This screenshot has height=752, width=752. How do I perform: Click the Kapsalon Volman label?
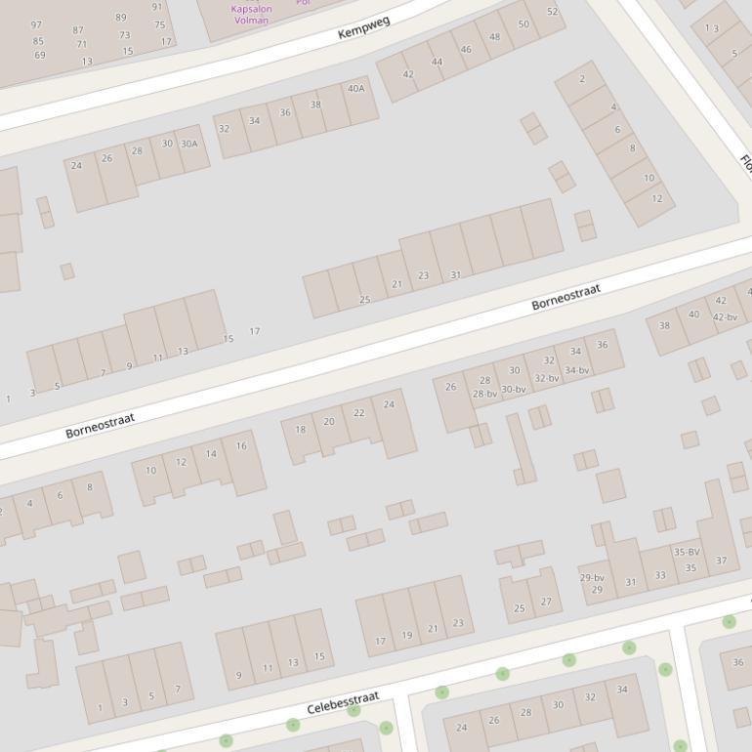pyautogui.click(x=251, y=15)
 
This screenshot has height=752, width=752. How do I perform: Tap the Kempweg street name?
pyautogui.click(x=363, y=27)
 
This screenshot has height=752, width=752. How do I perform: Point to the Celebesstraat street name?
pyautogui.click(x=343, y=703)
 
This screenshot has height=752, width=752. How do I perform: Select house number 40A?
pyautogui.click(x=356, y=88)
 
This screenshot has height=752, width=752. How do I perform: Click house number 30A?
pyautogui.click(x=188, y=144)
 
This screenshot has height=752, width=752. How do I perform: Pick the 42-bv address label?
pyautogui.click(x=725, y=316)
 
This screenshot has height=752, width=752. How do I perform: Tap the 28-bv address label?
pyautogui.click(x=485, y=394)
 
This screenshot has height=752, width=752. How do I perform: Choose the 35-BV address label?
pyautogui.click(x=687, y=552)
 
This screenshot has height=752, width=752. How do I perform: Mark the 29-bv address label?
pyautogui.click(x=592, y=577)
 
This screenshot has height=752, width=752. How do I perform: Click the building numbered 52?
pyautogui.click(x=553, y=12)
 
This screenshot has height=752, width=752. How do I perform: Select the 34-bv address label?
pyautogui.click(x=577, y=370)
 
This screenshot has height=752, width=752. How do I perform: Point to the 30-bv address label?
pyautogui.click(x=514, y=389)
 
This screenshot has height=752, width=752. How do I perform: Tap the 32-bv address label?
pyautogui.click(x=547, y=378)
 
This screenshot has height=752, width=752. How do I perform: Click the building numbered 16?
pyautogui.click(x=241, y=446)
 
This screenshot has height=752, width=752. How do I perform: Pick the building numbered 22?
pyautogui.click(x=359, y=413)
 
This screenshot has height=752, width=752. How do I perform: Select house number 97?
pyautogui.click(x=37, y=25)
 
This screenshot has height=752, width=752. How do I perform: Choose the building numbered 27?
pyautogui.click(x=546, y=602)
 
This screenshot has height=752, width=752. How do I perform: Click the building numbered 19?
pyautogui.click(x=407, y=635)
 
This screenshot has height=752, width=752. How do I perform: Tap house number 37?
pyautogui.click(x=722, y=561)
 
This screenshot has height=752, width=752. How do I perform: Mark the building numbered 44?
pyautogui.click(x=437, y=62)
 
